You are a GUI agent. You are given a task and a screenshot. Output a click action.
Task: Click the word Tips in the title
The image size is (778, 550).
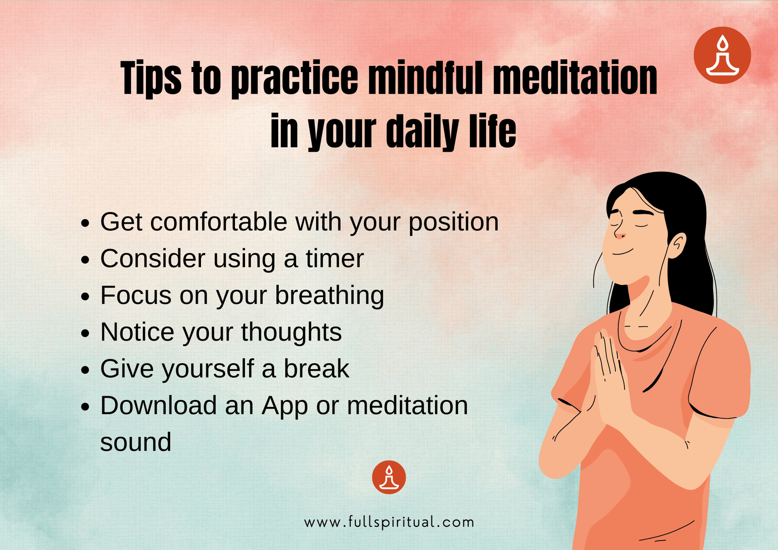pos(151,78)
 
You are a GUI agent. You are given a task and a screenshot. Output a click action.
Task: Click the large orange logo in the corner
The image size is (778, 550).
pos(722,56)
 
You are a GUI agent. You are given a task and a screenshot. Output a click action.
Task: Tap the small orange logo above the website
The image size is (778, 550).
pos(389,477)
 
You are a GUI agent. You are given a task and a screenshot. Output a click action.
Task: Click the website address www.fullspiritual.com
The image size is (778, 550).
pos(389,522)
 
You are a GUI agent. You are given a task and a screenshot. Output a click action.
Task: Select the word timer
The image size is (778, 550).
pos(334,258)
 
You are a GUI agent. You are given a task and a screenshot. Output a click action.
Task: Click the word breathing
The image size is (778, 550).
pos(329,295)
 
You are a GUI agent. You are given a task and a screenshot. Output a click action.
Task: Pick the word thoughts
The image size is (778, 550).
pos(291,332)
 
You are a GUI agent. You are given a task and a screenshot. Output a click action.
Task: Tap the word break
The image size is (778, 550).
pos(316,368)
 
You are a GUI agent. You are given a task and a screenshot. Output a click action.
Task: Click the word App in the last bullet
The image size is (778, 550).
pos(284,405)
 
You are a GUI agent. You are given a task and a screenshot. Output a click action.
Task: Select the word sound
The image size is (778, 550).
pos(135,442)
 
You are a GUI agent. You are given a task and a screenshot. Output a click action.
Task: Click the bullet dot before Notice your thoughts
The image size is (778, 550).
pos(85,333)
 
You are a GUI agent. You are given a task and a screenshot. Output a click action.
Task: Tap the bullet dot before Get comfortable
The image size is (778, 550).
pos(85,223)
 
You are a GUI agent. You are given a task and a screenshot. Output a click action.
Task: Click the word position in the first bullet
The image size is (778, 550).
pos(453,222)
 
